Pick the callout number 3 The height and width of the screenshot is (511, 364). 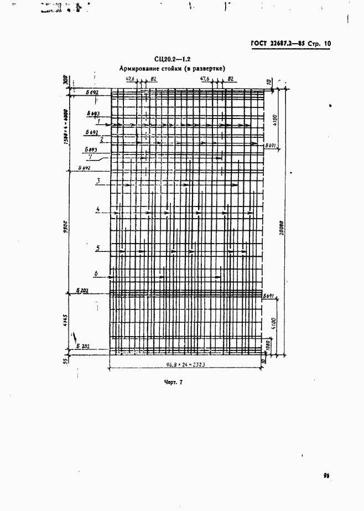pos(97,180)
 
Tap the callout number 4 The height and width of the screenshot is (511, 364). pos(97,209)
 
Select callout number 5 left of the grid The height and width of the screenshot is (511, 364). pos(97,248)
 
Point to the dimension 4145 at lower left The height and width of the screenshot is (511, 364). pos(65,322)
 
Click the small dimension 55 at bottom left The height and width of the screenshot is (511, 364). pos(65,360)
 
